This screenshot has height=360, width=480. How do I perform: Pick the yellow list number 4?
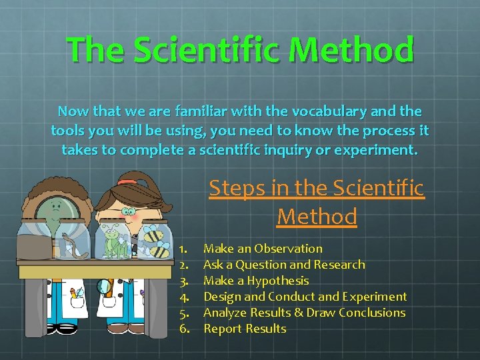point(183,297)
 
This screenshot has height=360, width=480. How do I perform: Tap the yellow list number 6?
point(183,329)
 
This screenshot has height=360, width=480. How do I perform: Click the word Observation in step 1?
point(288,249)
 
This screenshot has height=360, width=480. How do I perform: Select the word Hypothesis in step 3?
point(277,281)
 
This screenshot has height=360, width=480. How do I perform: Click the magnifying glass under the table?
point(104,289)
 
